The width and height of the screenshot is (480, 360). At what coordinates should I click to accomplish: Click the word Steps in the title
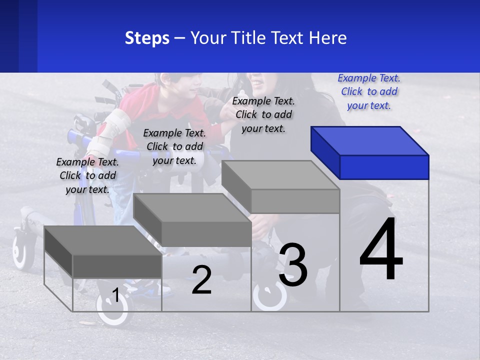coord(147,38)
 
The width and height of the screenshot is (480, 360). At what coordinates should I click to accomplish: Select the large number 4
coord(381,250)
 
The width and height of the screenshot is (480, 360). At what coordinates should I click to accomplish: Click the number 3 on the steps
coord(293,265)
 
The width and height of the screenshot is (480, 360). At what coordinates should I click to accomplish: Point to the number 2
coord(201,280)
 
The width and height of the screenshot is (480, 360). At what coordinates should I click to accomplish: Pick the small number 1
coord(115,295)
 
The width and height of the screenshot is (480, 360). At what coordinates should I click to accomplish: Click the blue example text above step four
coord(369,91)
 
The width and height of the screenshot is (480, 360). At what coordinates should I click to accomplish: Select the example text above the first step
coord(87,175)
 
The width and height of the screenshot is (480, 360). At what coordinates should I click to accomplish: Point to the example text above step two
coord(174,146)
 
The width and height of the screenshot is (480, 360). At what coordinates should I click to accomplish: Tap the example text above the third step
coord(263,114)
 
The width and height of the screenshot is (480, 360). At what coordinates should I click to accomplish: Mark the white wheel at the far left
coord(21,250)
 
